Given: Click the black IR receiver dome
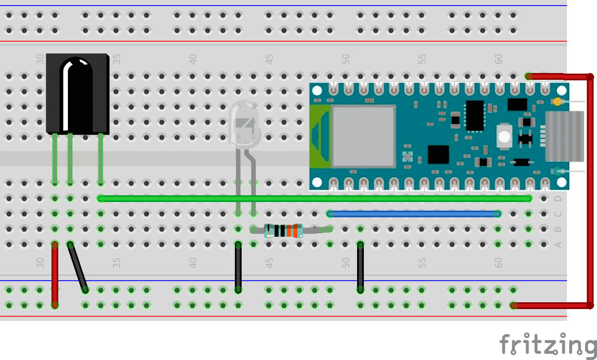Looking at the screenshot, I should click(76, 93).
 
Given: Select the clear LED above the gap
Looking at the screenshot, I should click(243, 127).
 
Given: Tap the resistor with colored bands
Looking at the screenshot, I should click(284, 230).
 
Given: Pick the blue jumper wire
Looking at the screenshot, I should click(413, 213).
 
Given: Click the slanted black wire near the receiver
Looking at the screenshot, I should click(78, 267).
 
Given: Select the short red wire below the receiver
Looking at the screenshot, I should click(55, 275).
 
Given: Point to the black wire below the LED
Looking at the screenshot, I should click(238, 267).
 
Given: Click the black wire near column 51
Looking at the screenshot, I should click(360, 267).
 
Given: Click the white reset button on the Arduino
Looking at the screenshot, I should click(503, 135).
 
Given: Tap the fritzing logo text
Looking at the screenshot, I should click(548, 344).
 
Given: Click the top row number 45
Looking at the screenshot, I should click(269, 58).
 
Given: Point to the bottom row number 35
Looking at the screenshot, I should click(117, 263).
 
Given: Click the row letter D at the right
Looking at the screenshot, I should click(558, 199).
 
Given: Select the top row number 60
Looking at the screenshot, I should click(499, 58).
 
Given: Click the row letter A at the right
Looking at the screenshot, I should click(558, 245).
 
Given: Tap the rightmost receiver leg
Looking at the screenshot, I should click(100, 158).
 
